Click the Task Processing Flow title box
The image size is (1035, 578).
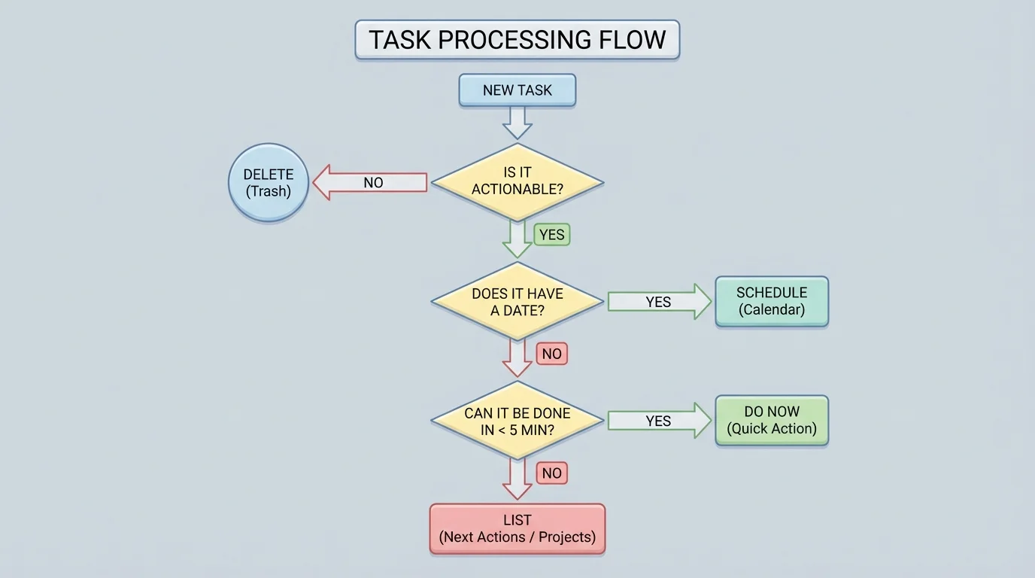517,40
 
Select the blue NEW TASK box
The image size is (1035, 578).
517,90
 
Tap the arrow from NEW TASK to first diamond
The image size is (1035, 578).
517,122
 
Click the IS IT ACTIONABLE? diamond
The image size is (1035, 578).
517,182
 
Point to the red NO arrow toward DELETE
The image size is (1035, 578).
370,183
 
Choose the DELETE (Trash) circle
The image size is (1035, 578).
269,183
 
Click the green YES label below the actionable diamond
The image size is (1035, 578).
551,235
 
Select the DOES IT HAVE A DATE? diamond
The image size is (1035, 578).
517,301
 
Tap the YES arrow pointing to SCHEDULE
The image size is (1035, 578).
659,302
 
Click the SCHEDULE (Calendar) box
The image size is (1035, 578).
772,301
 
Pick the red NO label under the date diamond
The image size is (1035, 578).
551,354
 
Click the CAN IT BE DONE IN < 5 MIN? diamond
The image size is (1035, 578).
517,421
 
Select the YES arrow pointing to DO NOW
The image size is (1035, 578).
659,421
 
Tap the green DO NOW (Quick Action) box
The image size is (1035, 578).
772,421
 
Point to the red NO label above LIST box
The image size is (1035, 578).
551,473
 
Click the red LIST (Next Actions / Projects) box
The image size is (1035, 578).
517,529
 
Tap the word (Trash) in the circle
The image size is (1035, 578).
269,191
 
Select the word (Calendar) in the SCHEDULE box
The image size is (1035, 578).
772,309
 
